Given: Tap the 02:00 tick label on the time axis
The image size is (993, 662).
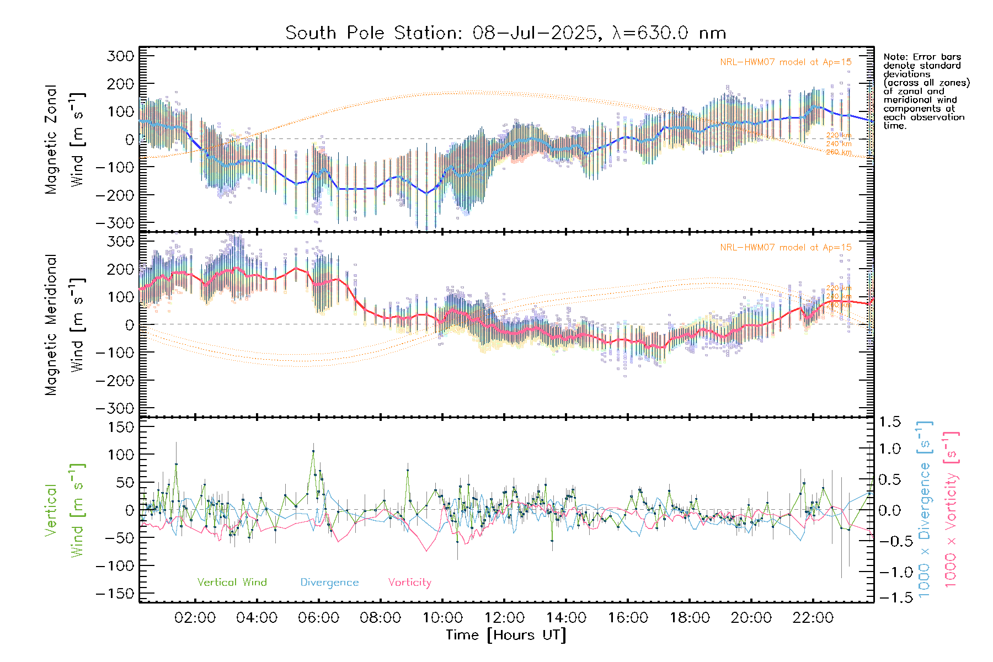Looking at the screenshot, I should [x=195, y=618].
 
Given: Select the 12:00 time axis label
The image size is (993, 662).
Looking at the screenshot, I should [x=504, y=618].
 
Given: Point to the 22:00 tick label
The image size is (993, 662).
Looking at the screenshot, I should [x=813, y=618].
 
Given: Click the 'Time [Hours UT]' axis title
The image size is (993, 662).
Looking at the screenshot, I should [x=506, y=635].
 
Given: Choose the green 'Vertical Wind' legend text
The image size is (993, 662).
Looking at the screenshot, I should [x=232, y=583].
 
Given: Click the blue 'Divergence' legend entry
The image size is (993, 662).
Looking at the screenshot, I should [x=329, y=583].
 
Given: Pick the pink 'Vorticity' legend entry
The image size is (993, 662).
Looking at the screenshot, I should [x=409, y=583].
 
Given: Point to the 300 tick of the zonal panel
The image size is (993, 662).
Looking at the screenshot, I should [x=120, y=56].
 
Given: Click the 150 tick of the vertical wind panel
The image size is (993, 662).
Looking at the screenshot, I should [x=120, y=427].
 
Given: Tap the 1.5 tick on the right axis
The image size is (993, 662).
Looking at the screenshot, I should [x=890, y=422].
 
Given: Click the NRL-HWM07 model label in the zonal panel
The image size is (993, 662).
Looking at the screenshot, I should [x=786, y=62].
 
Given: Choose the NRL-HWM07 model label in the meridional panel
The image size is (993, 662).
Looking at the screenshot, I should [x=786, y=248].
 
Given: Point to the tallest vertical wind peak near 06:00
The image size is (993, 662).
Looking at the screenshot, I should [x=313, y=451].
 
